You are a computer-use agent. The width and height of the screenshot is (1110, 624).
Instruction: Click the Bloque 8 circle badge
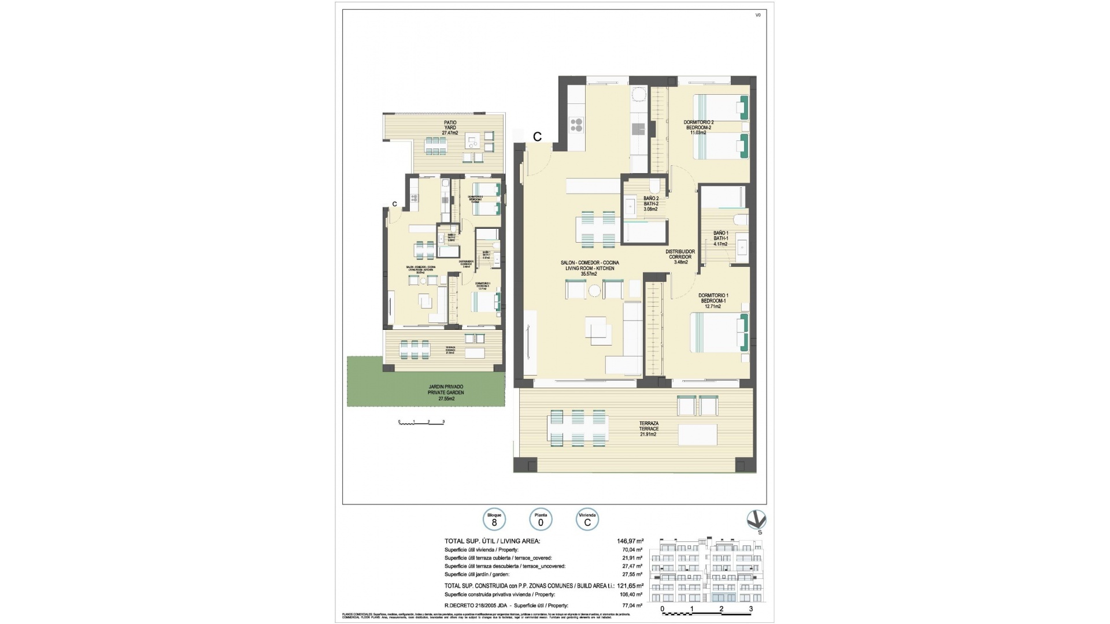pyautogui.click(x=494, y=519)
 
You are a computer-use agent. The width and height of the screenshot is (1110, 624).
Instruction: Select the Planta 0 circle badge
pyautogui.click(x=541, y=519)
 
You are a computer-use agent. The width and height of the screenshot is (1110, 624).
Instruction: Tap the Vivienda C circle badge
pyautogui.click(x=587, y=519)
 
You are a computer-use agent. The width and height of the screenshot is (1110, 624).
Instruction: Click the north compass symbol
pyautogui.click(x=756, y=520)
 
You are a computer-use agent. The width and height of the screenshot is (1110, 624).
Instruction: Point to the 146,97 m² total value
pyautogui.click(x=630, y=541)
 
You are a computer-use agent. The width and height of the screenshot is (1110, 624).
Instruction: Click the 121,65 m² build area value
pyautogui.click(x=630, y=585)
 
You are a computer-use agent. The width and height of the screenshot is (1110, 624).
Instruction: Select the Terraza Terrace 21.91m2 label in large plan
pyautogui.click(x=649, y=429)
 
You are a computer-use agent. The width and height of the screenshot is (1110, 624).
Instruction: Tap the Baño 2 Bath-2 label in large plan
pyautogui.click(x=651, y=203)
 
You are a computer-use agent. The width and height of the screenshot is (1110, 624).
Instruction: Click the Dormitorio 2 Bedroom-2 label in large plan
pyautogui.click(x=698, y=127)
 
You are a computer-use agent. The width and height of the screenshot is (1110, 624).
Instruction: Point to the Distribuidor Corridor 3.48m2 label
pyautogui.click(x=680, y=257)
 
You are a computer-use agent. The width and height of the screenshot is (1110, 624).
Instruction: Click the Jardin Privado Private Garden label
pyautogui.click(x=446, y=393)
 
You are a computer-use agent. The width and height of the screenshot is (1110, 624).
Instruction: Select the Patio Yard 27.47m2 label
pyautogui.click(x=450, y=128)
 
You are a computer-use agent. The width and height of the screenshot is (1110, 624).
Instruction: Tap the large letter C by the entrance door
pyautogui.click(x=537, y=137)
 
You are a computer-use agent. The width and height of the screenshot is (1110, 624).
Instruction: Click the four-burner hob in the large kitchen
pyautogui.click(x=576, y=125)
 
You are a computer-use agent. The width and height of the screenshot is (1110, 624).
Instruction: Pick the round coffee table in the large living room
pyautogui.click(x=594, y=291)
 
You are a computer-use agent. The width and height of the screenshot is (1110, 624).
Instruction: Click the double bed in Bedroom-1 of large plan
pyautogui.click(x=720, y=333)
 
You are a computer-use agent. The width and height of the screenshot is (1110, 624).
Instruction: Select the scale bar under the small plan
pyautogui.click(x=421, y=422)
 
